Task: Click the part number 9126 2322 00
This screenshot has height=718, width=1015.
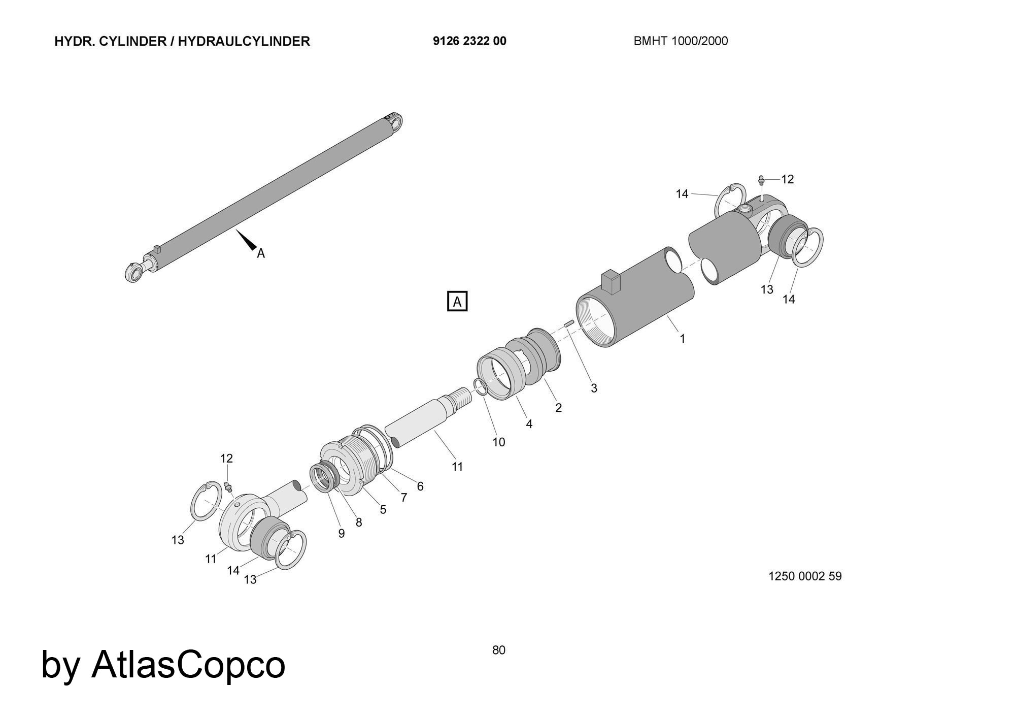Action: tap(469, 41)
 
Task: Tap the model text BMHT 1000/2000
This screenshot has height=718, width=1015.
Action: tap(680, 41)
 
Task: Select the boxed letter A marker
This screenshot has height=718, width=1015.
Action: tap(457, 302)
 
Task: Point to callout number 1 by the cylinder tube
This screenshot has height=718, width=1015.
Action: tap(682, 338)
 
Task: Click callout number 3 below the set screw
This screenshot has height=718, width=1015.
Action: tap(594, 388)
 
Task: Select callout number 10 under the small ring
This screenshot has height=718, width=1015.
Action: tap(499, 442)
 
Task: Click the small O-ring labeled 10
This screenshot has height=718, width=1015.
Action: tap(481, 386)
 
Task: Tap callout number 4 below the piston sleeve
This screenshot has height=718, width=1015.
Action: tap(529, 423)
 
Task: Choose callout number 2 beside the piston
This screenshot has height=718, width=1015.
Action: tap(558, 408)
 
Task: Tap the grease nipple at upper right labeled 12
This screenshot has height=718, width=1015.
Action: tap(761, 180)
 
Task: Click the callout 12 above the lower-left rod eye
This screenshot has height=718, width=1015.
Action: tap(226, 459)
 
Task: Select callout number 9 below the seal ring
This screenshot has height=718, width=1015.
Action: tap(342, 533)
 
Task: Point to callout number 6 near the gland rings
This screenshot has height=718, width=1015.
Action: tap(420, 486)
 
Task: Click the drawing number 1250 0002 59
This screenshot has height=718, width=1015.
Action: tap(805, 576)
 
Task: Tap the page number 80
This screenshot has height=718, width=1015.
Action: tap(498, 650)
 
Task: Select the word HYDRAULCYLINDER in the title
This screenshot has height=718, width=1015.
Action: tap(244, 41)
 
